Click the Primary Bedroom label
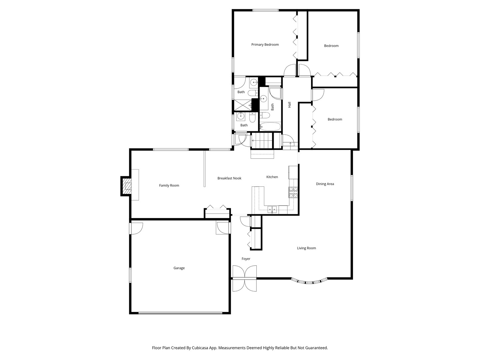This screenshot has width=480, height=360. (265, 45)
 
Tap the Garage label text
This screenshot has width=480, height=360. (179, 268)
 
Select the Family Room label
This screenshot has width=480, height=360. (169, 186)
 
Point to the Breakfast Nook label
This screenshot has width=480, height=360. (229, 178)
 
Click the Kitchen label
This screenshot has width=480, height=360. (272, 177)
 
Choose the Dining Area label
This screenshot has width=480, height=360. (325, 184)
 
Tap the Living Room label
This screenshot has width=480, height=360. (306, 248)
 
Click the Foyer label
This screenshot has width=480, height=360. (246, 259)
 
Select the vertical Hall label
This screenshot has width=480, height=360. (290, 105)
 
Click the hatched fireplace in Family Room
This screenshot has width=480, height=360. (127, 187)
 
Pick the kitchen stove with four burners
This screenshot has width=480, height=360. (293, 192)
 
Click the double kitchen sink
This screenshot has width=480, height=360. (272, 210)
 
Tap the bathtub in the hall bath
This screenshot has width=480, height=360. (270, 127)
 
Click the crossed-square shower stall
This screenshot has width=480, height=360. (243, 105)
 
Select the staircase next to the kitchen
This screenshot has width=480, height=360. (262, 140)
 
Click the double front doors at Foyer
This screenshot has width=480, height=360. (245, 278)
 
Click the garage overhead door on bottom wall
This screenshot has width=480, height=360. (180, 313)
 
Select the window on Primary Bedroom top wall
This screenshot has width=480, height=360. (265, 10)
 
